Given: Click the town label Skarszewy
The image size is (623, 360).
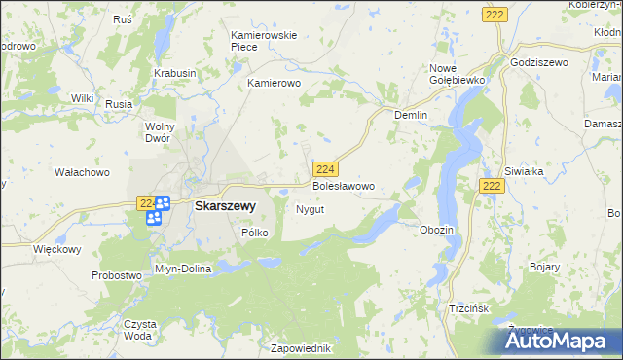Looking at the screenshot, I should [x=225, y=206].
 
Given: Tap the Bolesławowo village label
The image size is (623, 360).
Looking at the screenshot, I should [x=343, y=185].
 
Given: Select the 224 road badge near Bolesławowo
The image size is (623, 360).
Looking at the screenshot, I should [x=326, y=168].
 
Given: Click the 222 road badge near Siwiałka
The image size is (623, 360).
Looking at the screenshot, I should [x=493, y=186].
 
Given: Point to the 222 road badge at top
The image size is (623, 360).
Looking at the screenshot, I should [x=493, y=13].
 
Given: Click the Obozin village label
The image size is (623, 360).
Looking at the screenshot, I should [x=436, y=230].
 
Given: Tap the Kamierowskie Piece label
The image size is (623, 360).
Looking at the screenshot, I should [x=263, y=41].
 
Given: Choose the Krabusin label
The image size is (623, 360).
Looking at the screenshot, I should [x=174, y=73].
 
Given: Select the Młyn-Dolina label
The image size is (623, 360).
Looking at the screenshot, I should [x=183, y=269].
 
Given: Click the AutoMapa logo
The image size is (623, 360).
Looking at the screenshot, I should [x=559, y=340].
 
